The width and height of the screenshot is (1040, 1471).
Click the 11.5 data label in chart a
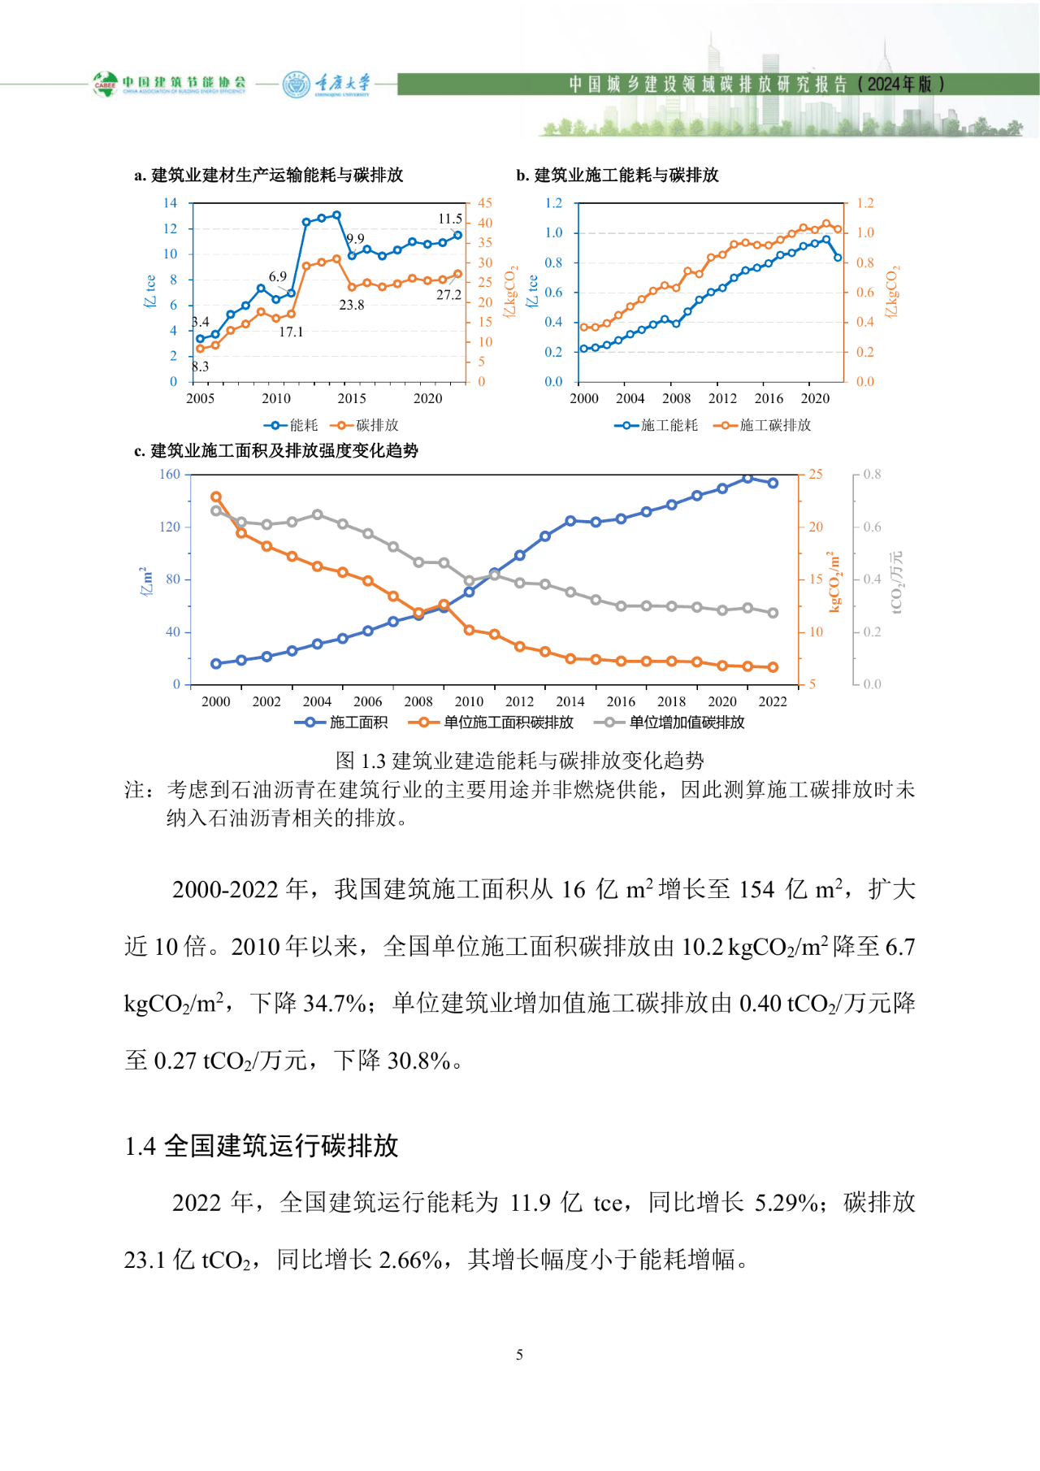(450, 219)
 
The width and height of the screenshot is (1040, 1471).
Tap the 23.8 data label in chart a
(352, 306)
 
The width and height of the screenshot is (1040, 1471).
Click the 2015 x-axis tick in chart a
(352, 398)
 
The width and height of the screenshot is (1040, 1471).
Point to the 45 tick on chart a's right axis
(485, 203)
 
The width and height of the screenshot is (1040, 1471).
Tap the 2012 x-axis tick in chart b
(722, 398)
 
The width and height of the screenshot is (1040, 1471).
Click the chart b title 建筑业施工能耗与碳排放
(626, 175)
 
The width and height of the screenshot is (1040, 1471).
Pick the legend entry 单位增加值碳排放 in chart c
(687, 722)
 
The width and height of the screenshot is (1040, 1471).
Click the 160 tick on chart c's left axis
(170, 475)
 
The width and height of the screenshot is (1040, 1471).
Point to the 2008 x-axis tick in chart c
(418, 701)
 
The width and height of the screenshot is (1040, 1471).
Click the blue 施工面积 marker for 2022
(773, 483)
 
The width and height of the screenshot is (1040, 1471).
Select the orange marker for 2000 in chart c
(216, 497)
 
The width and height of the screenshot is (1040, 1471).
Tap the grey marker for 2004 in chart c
(318, 514)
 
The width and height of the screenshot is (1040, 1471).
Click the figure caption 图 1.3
(520, 761)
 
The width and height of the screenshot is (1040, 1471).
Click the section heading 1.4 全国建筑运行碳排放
(262, 1146)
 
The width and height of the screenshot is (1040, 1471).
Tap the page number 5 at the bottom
(519, 1355)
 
